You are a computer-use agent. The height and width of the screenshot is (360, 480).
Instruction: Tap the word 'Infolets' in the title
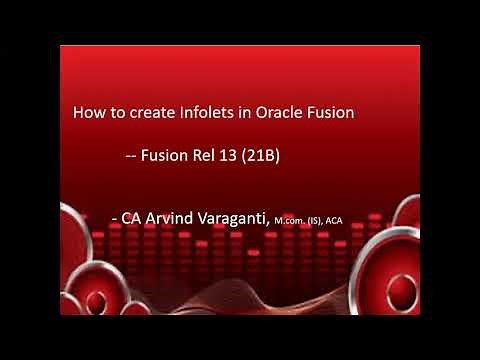click(203, 114)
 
